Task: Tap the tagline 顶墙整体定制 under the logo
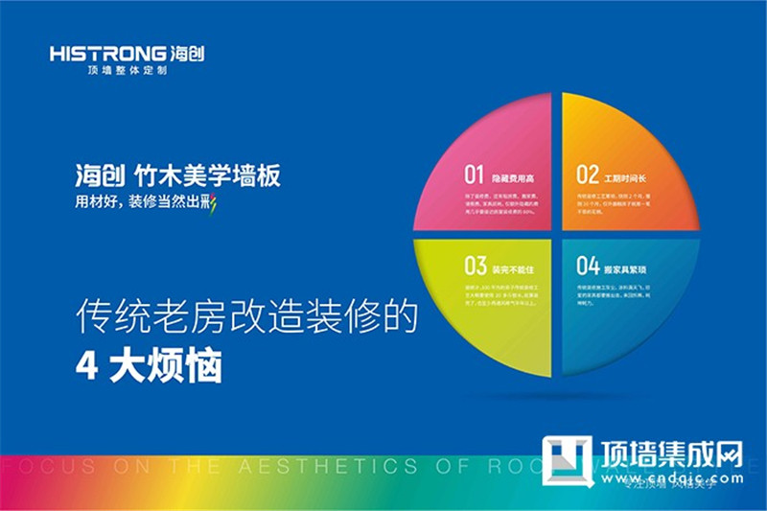[127, 73]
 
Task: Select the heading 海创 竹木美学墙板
[178, 176]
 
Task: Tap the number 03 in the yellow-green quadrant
[476, 265]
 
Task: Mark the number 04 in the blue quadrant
[588, 265]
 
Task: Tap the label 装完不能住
[514, 266]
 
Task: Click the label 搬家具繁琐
[626, 266]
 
